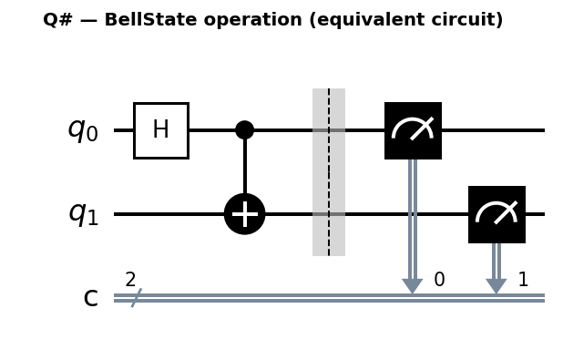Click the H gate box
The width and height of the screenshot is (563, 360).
[161, 130]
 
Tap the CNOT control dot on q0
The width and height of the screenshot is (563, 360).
[244, 130]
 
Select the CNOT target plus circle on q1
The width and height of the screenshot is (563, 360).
[244, 214]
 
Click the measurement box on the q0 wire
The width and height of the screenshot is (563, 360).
[413, 130]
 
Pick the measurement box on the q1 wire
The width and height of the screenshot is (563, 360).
[496, 214]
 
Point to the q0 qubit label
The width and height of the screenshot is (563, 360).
[83, 129]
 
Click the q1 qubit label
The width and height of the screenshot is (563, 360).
[83, 213]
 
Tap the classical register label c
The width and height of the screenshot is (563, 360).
[90, 298]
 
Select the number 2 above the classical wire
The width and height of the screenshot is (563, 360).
[130, 280]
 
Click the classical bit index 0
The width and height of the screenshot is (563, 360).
[439, 280]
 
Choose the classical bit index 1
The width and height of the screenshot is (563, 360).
[523, 280]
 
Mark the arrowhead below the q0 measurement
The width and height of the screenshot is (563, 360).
[413, 285]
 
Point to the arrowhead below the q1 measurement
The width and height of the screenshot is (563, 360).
[496, 285]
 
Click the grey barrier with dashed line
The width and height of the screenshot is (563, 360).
[329, 172]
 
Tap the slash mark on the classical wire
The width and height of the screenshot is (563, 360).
[135, 298]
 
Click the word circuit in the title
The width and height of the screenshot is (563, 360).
[470, 20]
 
